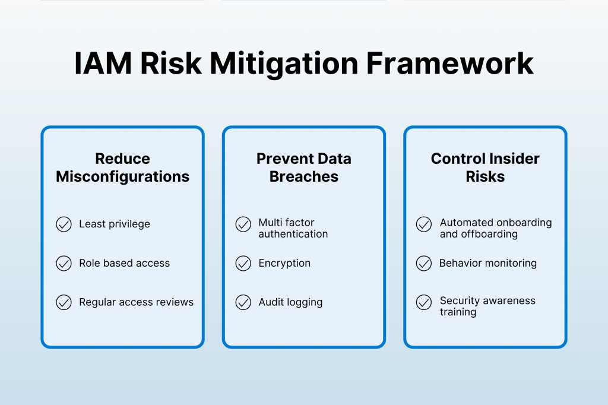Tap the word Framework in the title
click(x=450, y=64)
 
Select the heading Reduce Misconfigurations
click(x=122, y=167)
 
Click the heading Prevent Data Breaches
click(x=304, y=167)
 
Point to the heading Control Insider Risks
click(x=485, y=167)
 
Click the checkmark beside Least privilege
click(x=64, y=224)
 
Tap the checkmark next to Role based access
click(x=64, y=264)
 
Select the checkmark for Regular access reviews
click(x=64, y=302)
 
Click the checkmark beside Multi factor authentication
click(x=243, y=224)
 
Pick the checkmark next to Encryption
click(x=243, y=264)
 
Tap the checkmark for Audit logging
click(x=243, y=302)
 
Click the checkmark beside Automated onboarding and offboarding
click(x=424, y=224)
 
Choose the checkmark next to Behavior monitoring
click(x=424, y=264)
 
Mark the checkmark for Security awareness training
click(x=424, y=302)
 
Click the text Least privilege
click(x=115, y=224)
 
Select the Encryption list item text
click(x=284, y=264)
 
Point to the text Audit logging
click(x=290, y=302)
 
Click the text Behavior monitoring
click(x=488, y=263)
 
